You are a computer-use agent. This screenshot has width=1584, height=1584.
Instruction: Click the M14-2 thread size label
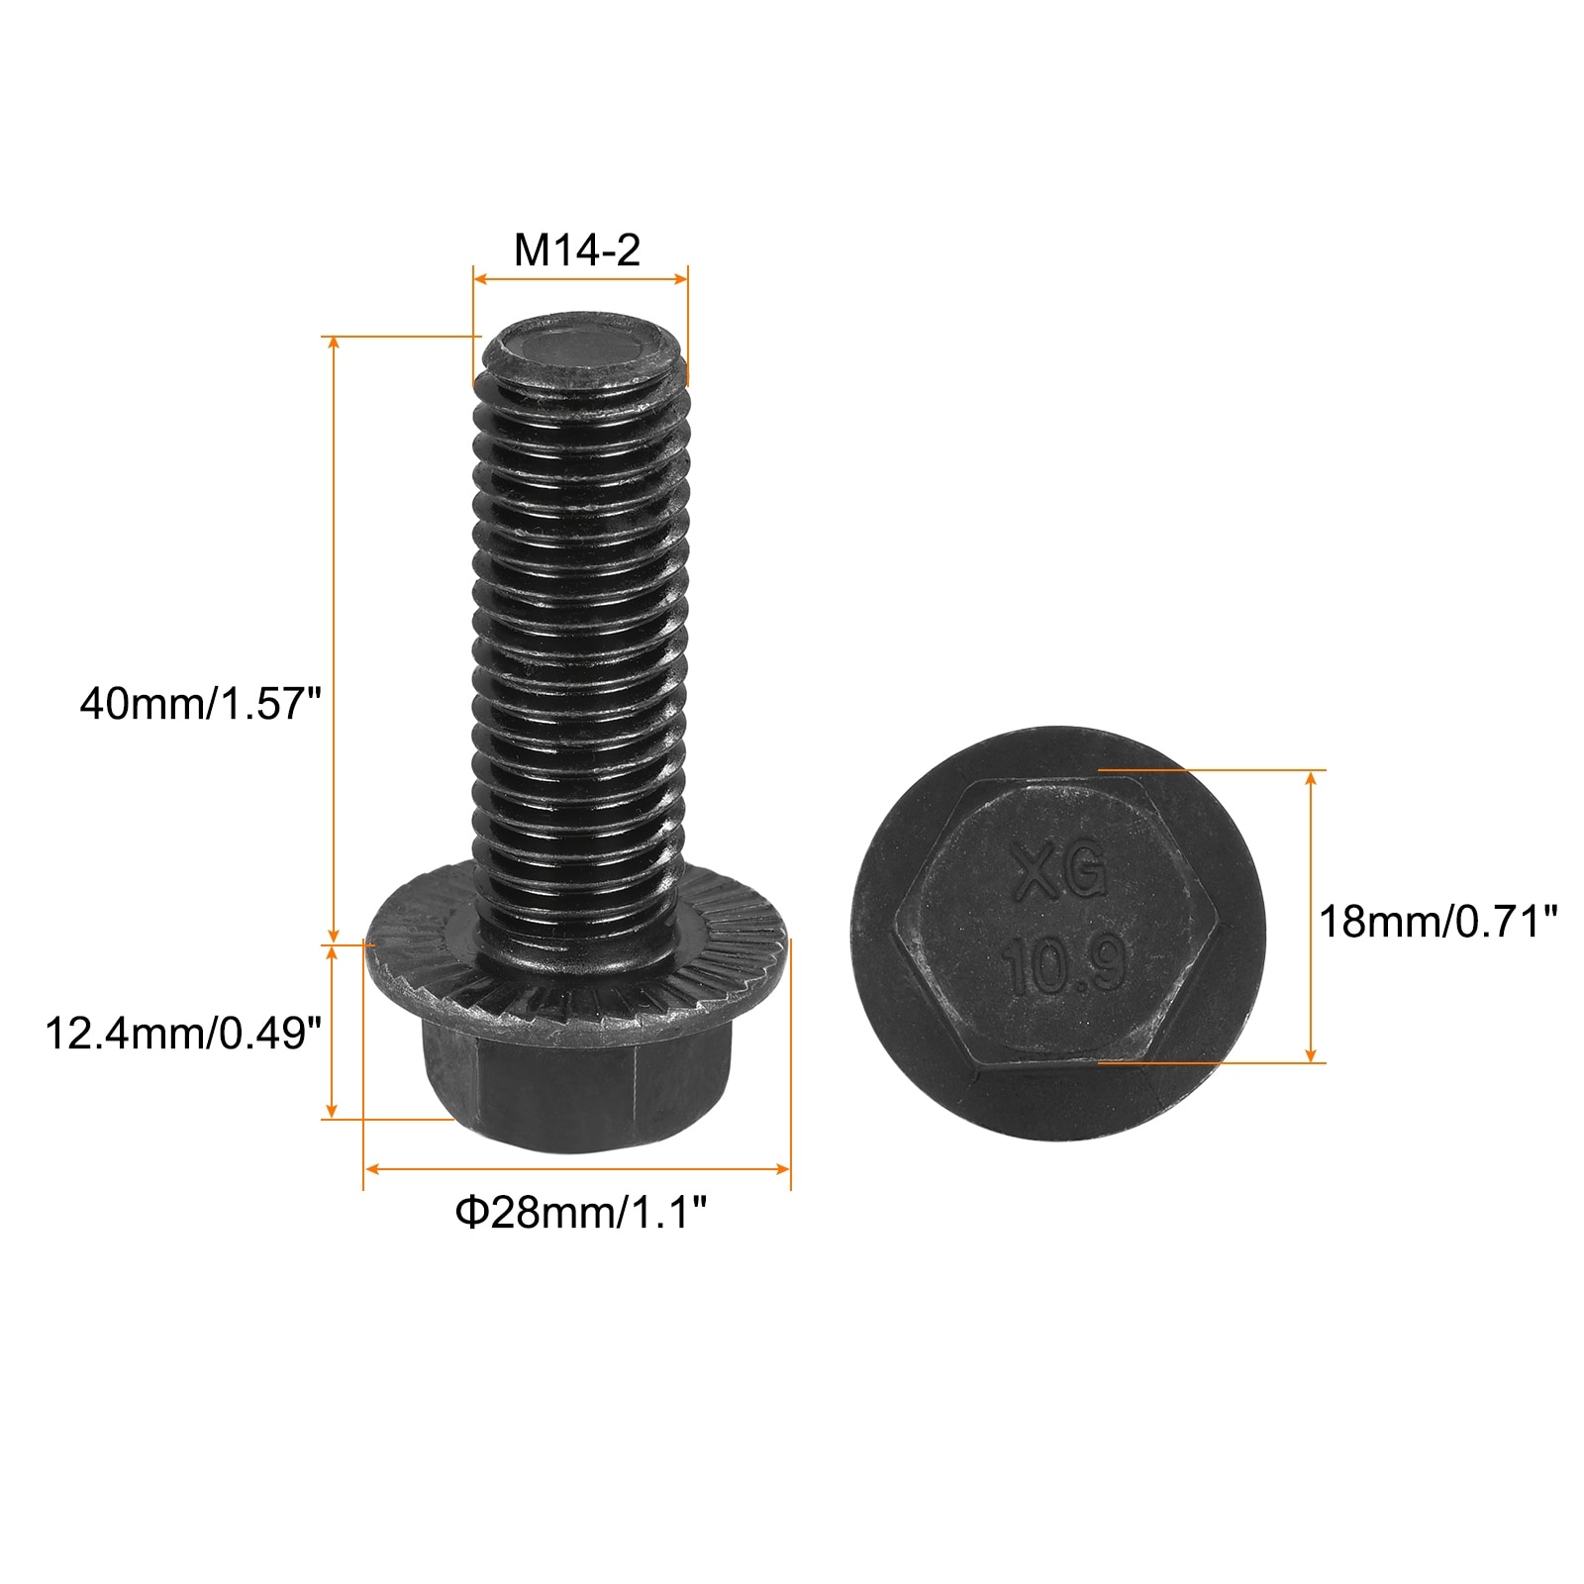[x=577, y=250]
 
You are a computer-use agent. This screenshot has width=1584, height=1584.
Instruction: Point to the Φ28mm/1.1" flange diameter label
[x=581, y=1213]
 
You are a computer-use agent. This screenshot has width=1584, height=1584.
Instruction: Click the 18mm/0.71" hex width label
[x=1438, y=922]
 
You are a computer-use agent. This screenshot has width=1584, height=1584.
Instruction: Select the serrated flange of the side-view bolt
[x=577, y=960]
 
